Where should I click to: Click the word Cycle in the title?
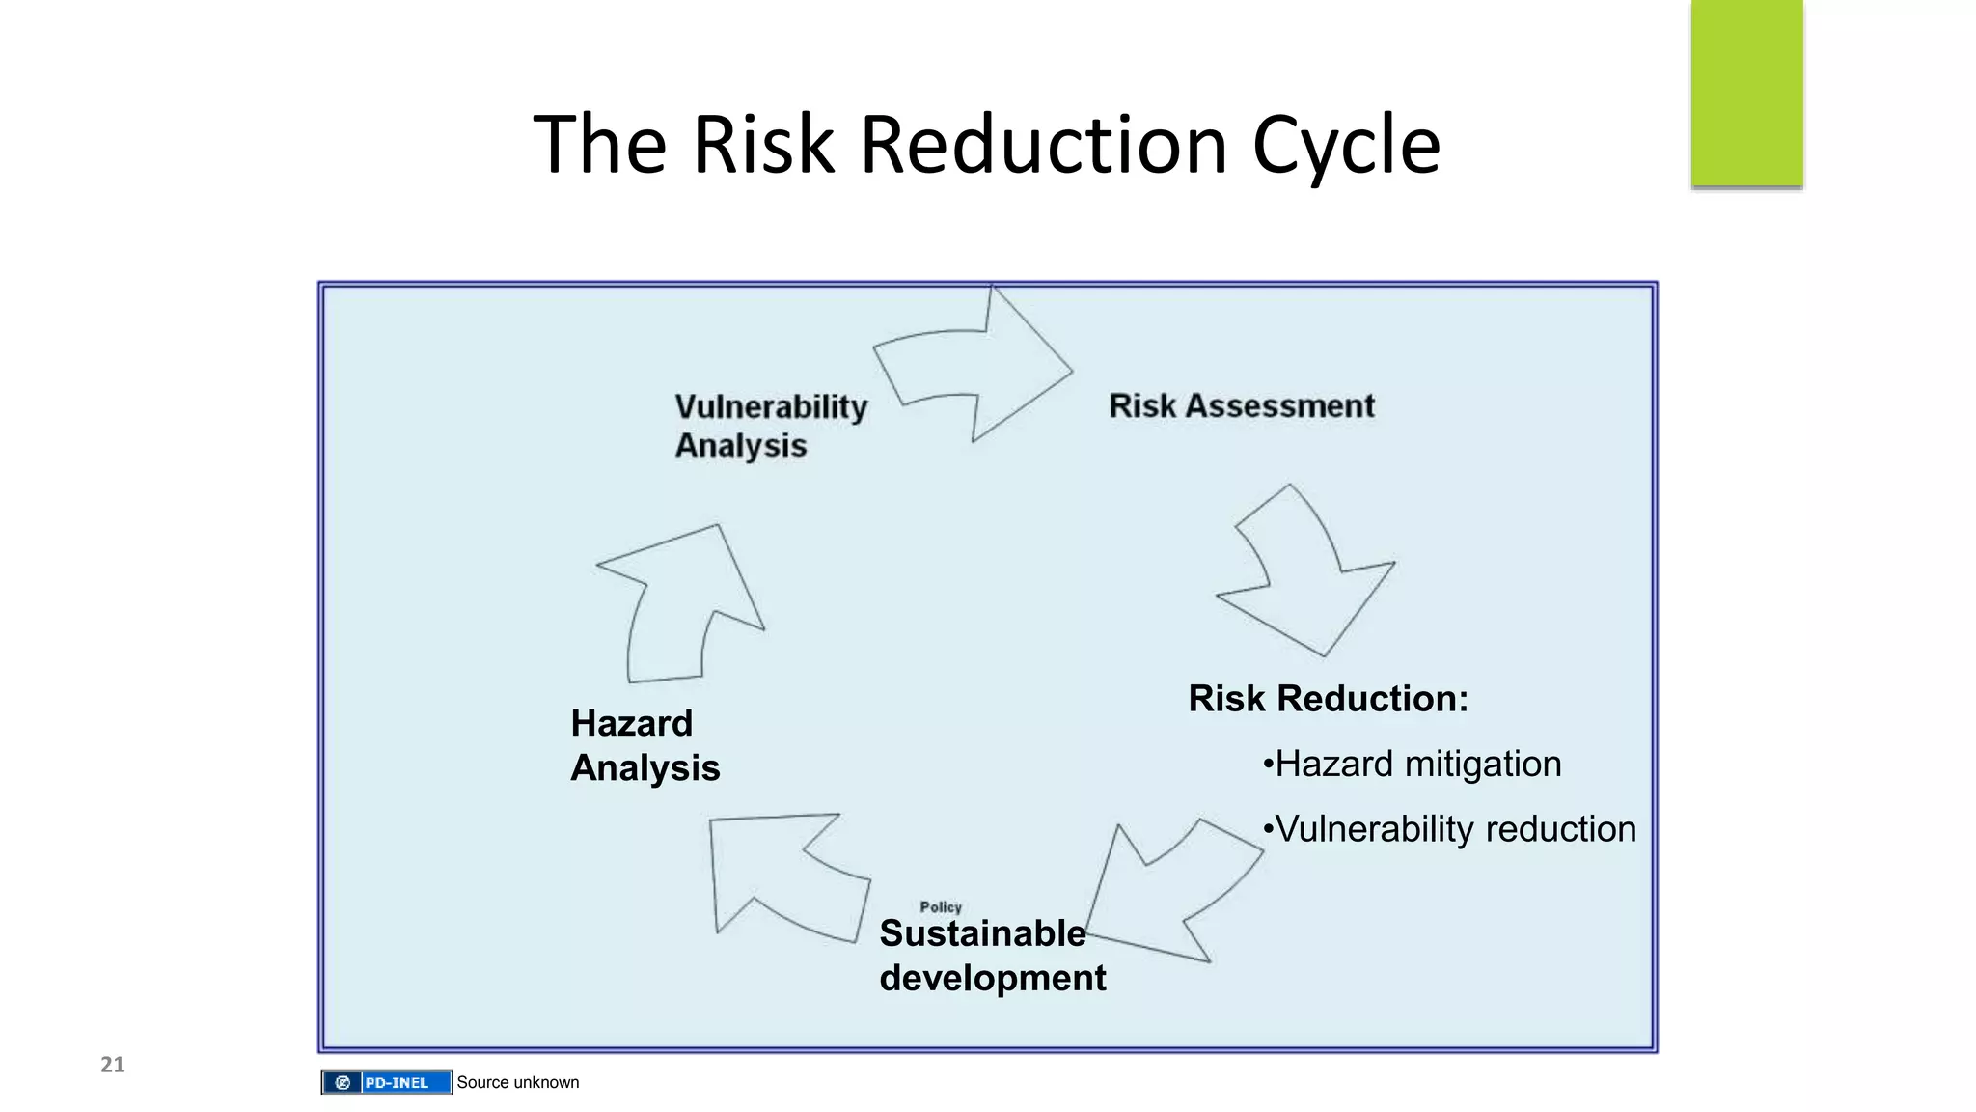coord(1346,145)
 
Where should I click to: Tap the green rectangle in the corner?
coord(1746,93)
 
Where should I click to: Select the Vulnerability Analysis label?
coord(770,426)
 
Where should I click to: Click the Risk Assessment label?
coord(1242,405)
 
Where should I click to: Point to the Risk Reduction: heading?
coord(1328,698)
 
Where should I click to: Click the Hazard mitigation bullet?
coord(1412,764)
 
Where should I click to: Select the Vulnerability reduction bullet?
coord(1449,829)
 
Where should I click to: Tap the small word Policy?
coord(941,906)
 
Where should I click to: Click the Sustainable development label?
coord(992,955)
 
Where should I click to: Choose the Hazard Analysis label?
coord(645,745)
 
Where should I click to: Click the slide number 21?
coord(113,1065)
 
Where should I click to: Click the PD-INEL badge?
coord(387,1082)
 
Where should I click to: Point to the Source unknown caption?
coord(518,1082)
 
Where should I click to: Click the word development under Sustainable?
coord(992,978)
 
